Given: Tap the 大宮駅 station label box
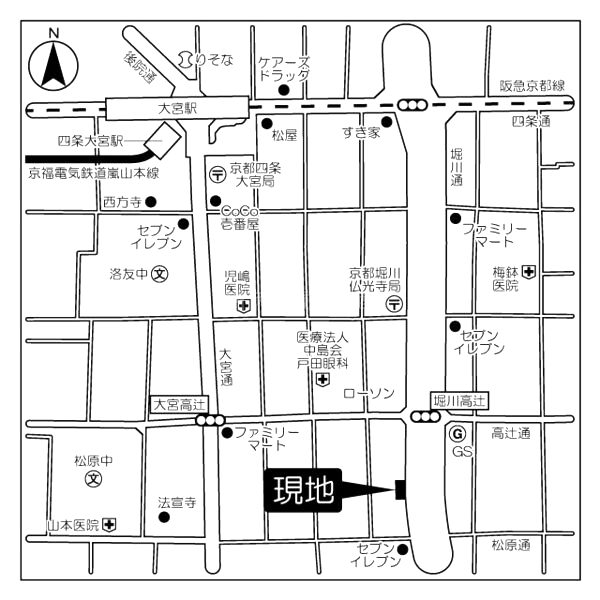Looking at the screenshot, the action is pyautogui.click(x=177, y=108).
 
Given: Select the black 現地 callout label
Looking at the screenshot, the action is pyautogui.click(x=303, y=490).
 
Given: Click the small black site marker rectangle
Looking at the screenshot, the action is pyautogui.click(x=400, y=489).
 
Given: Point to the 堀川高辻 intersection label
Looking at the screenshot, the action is pyautogui.click(x=460, y=401).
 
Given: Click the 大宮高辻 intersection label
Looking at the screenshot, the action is pyautogui.click(x=179, y=404).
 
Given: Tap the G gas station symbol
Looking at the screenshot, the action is pyautogui.click(x=457, y=434).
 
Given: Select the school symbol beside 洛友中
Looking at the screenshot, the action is pyautogui.click(x=160, y=274).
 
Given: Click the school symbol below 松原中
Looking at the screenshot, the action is pyautogui.click(x=93, y=479).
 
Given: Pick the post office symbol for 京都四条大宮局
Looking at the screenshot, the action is pyautogui.click(x=218, y=174).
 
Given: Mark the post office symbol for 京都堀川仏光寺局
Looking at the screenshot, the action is pyautogui.click(x=395, y=304).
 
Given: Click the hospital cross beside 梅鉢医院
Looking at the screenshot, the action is pyautogui.click(x=529, y=272).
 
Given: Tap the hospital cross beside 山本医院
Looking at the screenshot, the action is pyautogui.click(x=109, y=525).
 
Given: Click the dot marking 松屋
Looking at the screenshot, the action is pyautogui.click(x=267, y=124).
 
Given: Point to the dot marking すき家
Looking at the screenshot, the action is pyautogui.click(x=387, y=122).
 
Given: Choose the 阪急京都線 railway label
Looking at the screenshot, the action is pyautogui.click(x=532, y=86).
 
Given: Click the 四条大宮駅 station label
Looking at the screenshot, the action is pyautogui.click(x=91, y=141).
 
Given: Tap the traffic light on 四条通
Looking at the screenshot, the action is pyautogui.click(x=412, y=104).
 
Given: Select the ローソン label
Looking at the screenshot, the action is pyautogui.click(x=369, y=393).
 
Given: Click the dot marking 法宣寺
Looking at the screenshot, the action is pyautogui.click(x=164, y=517).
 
